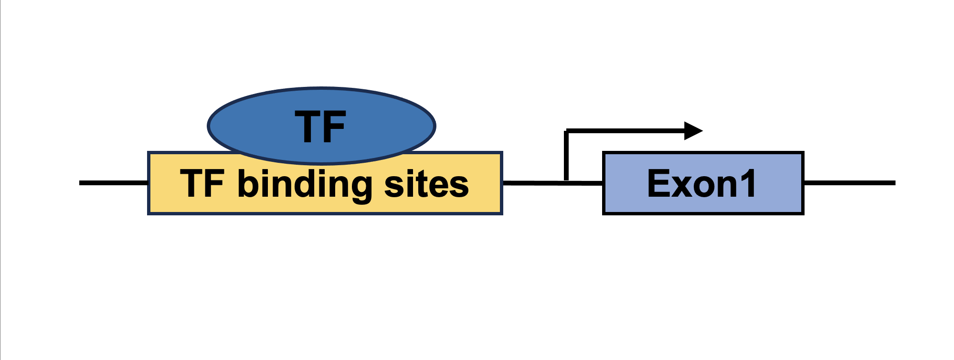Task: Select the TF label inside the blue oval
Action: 320,127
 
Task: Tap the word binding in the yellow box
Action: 305,185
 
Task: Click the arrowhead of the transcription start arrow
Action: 693,130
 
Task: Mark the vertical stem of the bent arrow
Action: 566,155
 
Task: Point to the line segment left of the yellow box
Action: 114,183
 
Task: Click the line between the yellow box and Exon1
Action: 553,183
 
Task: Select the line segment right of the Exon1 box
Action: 849,183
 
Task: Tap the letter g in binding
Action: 359,190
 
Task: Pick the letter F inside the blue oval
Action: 334,127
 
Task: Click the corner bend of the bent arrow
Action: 566,130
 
